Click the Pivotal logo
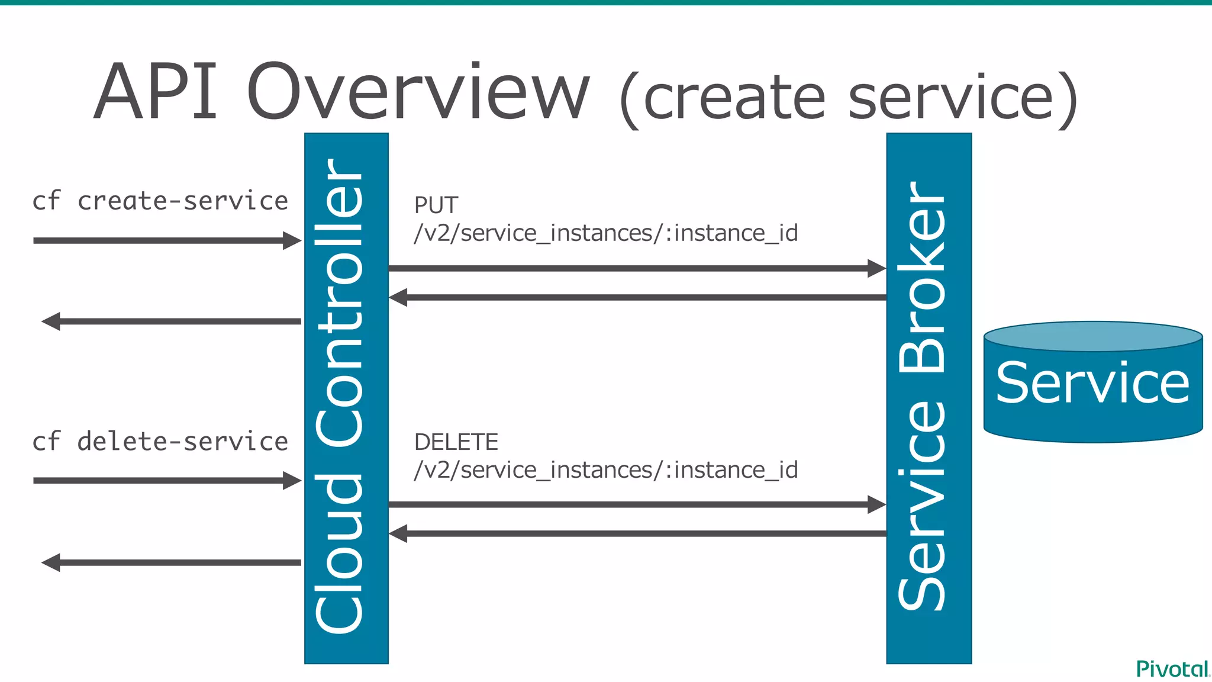click(x=1172, y=669)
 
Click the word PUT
click(x=436, y=205)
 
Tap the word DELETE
click(x=456, y=442)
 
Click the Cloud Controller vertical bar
click(x=346, y=398)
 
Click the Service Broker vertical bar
click(x=929, y=398)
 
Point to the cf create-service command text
click(x=160, y=201)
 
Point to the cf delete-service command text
click(x=160, y=442)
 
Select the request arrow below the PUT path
click(x=636, y=268)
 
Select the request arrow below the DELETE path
click(x=636, y=504)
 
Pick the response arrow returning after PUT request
click(x=636, y=297)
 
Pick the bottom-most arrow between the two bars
click(x=636, y=533)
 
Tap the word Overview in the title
click(x=418, y=94)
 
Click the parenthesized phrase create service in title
click(x=849, y=98)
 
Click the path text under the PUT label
click(x=605, y=233)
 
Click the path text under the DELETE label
click(x=605, y=470)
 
